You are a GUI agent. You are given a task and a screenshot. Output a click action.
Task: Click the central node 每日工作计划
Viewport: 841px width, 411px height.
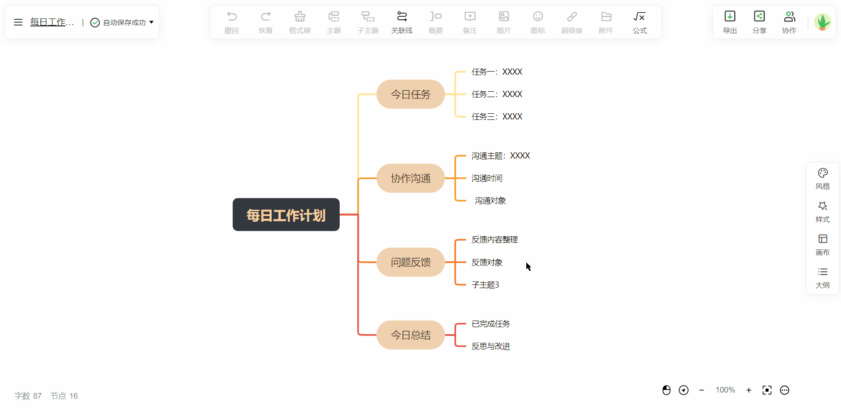click(x=286, y=215)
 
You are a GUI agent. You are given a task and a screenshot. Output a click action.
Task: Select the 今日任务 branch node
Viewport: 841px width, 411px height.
click(x=410, y=94)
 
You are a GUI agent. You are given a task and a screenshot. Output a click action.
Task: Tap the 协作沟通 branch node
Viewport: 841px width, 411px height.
click(x=410, y=178)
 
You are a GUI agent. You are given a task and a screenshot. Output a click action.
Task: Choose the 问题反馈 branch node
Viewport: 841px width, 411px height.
click(x=410, y=262)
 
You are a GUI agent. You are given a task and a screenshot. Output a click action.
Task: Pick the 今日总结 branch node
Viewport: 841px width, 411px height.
click(x=410, y=335)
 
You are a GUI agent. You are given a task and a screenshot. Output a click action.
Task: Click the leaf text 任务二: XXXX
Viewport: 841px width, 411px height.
click(x=497, y=94)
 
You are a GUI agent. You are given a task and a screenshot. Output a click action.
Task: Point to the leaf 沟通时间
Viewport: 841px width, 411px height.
click(x=487, y=178)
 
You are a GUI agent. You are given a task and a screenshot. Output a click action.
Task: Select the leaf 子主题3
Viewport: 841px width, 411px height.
click(x=485, y=285)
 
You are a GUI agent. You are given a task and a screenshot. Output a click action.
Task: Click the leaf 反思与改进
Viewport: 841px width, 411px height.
click(x=491, y=346)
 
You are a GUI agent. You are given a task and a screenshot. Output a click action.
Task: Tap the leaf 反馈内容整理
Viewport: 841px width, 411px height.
click(x=495, y=240)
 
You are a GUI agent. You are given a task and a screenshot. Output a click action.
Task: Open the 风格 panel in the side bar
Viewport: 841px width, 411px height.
click(x=823, y=179)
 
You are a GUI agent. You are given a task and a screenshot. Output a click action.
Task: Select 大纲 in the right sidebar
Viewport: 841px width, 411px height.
click(x=823, y=278)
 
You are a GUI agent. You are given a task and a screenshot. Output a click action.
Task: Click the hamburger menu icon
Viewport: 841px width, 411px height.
click(x=18, y=22)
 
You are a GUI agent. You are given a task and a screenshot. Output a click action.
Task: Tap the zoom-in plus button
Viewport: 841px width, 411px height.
click(x=749, y=390)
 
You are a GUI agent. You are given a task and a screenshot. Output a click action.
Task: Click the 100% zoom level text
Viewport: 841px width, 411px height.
click(x=725, y=390)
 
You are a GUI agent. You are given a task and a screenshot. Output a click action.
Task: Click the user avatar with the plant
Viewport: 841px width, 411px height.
click(x=822, y=22)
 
